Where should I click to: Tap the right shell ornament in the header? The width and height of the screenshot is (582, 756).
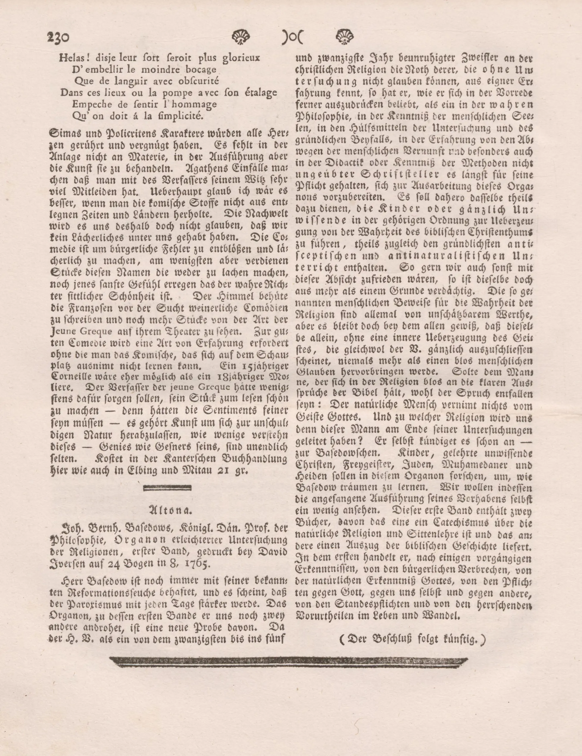click(345, 36)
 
